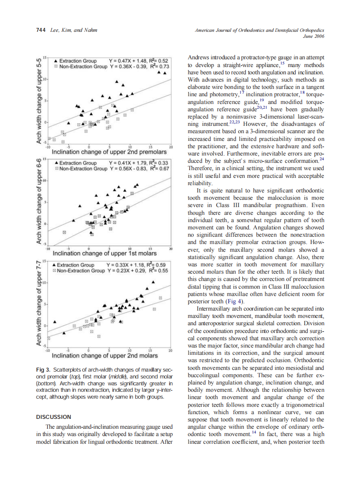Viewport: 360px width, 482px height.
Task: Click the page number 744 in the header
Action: [x=40, y=30]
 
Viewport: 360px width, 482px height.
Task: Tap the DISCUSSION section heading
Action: [x=54, y=417]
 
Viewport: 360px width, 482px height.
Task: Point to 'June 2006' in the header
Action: [x=313, y=37]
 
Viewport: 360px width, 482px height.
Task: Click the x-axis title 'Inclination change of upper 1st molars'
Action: [x=104, y=253]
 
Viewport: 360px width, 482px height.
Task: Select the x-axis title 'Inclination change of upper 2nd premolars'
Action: [x=109, y=152]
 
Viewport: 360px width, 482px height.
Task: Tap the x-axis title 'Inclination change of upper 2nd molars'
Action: [x=104, y=356]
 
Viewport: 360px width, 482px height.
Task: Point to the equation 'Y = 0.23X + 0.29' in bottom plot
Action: [x=125, y=271]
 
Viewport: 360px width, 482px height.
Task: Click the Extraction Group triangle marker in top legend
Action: [x=56, y=61]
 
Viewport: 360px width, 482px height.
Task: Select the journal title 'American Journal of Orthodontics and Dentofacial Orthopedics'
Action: [x=259, y=30]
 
